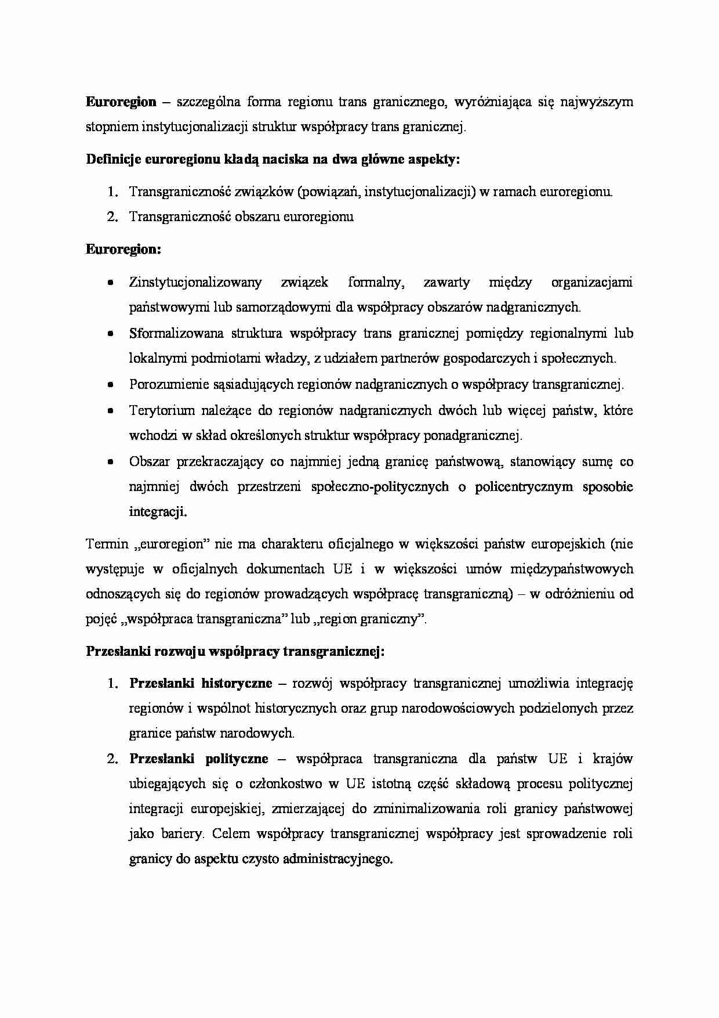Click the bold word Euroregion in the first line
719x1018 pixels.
tap(121, 103)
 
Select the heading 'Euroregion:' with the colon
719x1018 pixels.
tap(124, 250)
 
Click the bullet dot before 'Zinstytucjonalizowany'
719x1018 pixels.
tap(110, 283)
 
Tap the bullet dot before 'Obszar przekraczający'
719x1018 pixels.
tap(110, 463)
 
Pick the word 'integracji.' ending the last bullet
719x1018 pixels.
tap(158, 512)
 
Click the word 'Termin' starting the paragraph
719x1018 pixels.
tap(107, 544)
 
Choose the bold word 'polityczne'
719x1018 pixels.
tap(237, 759)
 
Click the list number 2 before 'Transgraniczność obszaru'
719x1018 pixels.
tap(112, 217)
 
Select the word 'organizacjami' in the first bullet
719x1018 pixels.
tap(591, 283)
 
